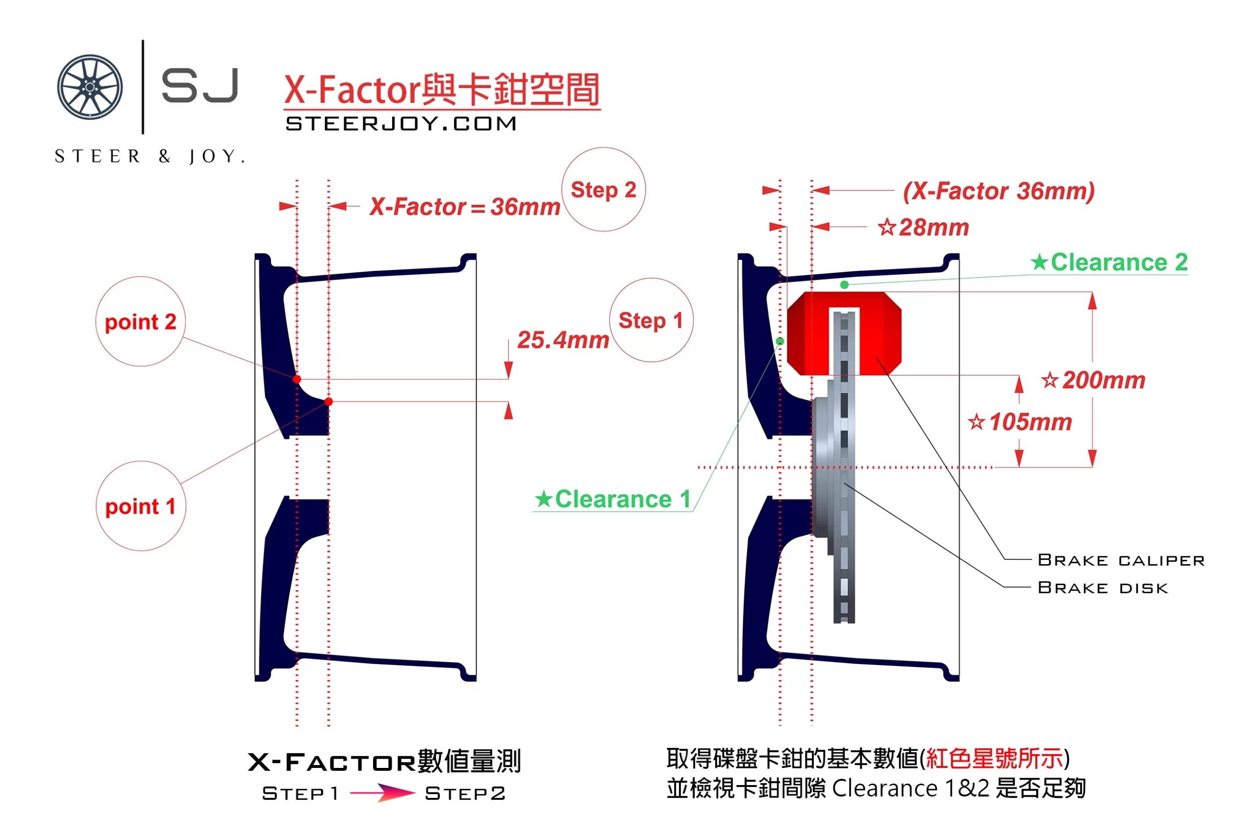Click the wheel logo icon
[90, 87]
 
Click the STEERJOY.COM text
[402, 124]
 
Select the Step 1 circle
[651, 320]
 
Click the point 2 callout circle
[140, 321]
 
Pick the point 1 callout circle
[141, 506]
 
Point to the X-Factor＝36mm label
[464, 207]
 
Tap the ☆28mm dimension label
[924, 228]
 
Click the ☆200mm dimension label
[1093, 381]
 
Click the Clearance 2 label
[1109, 263]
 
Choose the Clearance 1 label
[613, 500]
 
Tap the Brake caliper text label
[1121, 560]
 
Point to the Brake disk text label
[1103, 588]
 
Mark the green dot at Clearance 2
[844, 285]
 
